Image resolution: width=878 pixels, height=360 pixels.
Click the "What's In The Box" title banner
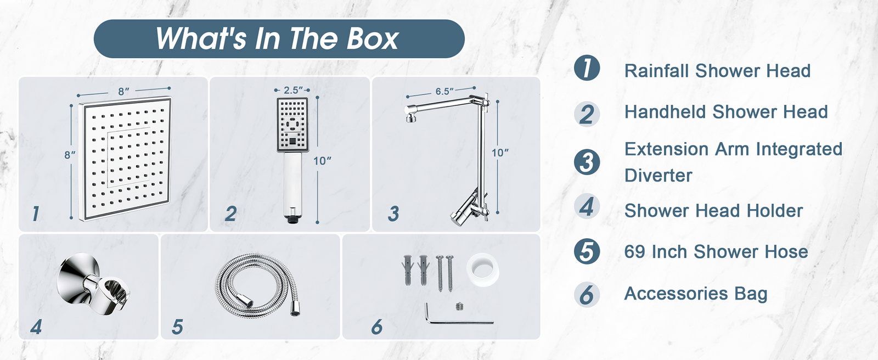279,38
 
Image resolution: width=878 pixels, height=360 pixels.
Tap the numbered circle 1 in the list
587,68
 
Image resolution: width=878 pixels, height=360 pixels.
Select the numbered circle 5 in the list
587,251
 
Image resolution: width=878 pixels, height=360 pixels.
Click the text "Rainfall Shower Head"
717,71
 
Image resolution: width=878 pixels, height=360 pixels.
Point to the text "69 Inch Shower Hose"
716,252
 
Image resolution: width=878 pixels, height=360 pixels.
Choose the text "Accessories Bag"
696,294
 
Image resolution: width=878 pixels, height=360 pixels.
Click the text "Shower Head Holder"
713,211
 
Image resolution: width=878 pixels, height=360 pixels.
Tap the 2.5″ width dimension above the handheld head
293,90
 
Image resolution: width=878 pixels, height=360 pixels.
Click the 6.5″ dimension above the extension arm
444,92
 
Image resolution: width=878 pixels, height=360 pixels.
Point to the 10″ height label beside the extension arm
500,153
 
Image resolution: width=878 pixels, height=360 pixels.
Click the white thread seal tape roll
482,270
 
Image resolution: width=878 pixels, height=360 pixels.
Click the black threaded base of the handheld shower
292,219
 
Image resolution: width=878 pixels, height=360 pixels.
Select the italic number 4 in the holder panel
36,327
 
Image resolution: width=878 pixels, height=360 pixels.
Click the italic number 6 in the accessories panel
376,327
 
